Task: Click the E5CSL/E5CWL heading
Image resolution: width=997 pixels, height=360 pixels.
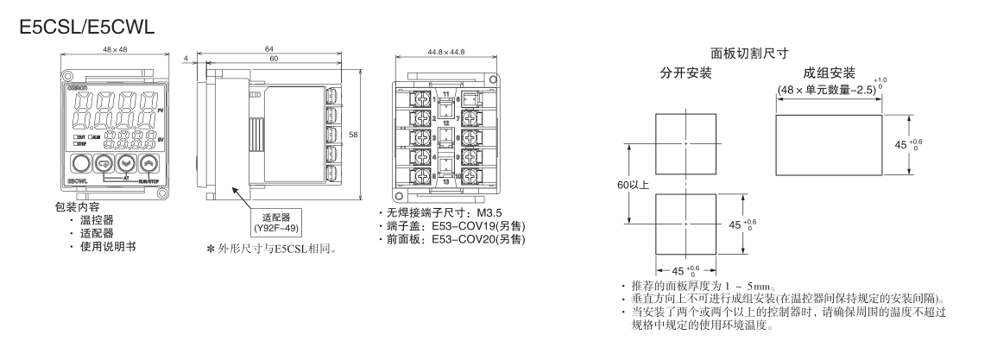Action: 85,28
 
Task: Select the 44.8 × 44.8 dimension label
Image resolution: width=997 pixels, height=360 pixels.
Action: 447,52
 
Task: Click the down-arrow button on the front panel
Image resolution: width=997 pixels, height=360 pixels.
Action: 126,164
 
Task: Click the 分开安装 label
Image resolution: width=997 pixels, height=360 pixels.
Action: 685,73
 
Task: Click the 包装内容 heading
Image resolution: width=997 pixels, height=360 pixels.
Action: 75,208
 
